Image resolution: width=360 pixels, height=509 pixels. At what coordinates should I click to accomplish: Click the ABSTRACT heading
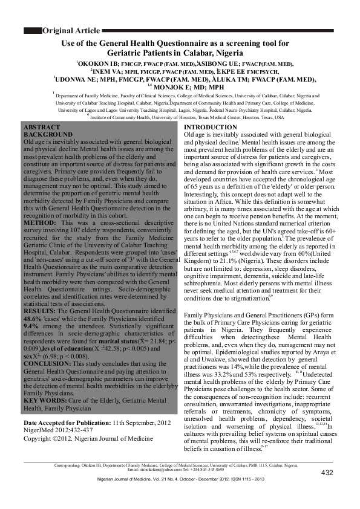pos(41,128)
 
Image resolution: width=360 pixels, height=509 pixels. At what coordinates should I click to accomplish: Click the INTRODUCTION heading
pos(210,127)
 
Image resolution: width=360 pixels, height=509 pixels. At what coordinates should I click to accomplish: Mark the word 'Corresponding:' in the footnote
pos(68,465)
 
